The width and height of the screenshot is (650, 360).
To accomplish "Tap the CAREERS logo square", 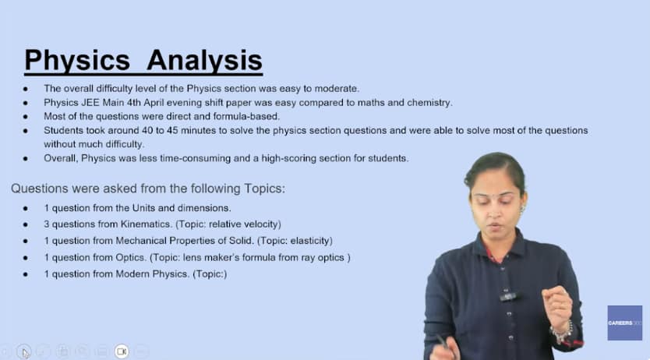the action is point(625,323).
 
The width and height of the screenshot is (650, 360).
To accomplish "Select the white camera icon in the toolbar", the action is point(122,351).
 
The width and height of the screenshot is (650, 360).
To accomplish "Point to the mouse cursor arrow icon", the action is point(25,353).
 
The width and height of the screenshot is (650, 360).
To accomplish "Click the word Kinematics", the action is point(146,224).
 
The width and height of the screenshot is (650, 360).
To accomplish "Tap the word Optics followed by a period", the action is point(131,258).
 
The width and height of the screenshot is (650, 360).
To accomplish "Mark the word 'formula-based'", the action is point(246,116).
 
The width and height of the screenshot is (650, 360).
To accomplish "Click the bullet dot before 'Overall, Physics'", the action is point(26,159).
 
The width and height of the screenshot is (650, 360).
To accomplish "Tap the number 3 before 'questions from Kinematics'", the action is point(47,224).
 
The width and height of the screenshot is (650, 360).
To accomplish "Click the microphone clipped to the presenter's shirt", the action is point(507,296).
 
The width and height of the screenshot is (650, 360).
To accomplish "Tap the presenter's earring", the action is point(522,207).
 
